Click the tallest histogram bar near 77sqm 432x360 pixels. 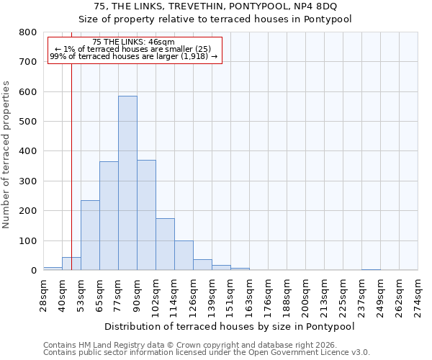(127, 183)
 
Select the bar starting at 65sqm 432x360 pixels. (109, 216)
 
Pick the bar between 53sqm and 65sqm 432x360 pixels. (90, 235)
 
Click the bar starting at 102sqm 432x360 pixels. (165, 244)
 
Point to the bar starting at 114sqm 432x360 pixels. (184, 256)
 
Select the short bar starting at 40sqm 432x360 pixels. (71, 264)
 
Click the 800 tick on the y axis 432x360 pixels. (28, 32)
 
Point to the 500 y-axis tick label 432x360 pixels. (28, 122)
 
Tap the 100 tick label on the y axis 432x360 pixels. (28, 241)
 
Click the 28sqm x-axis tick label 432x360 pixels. (43, 295)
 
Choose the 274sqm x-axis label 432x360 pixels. (418, 295)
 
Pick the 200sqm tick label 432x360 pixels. (306, 295)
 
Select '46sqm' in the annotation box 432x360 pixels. (160, 42)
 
